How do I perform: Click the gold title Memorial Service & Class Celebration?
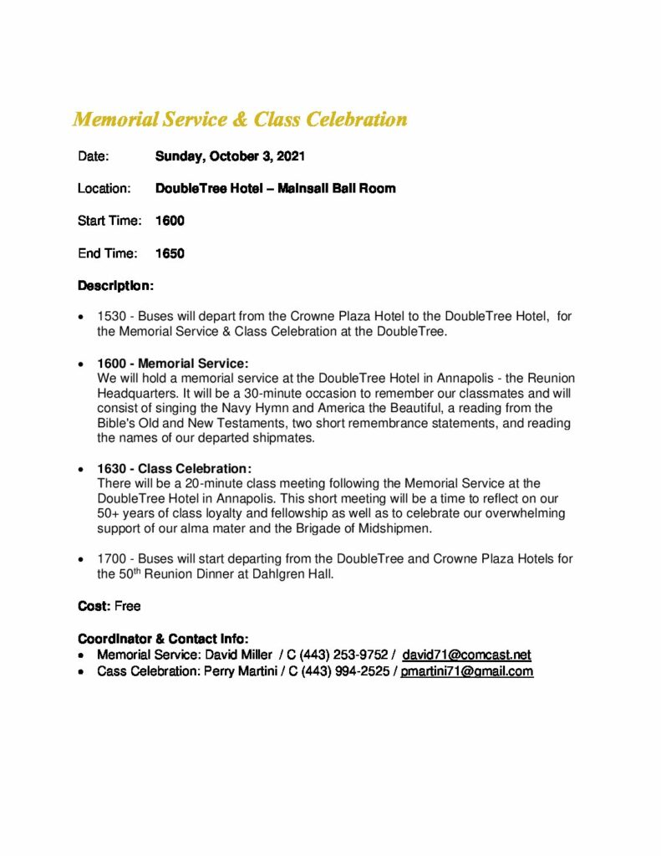[x=240, y=120]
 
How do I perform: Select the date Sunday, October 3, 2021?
[x=230, y=156]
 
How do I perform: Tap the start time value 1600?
[x=170, y=221]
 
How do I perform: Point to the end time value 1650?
[x=170, y=253]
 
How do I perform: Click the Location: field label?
[x=104, y=189]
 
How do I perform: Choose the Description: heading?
[x=115, y=286]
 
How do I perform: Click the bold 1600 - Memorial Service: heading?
[x=173, y=364]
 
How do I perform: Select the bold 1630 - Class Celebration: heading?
[x=175, y=468]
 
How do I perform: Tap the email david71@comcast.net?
[x=466, y=655]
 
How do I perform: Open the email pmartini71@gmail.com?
[x=466, y=671]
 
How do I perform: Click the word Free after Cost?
[x=128, y=605]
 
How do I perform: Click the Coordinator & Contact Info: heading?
[x=163, y=639]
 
